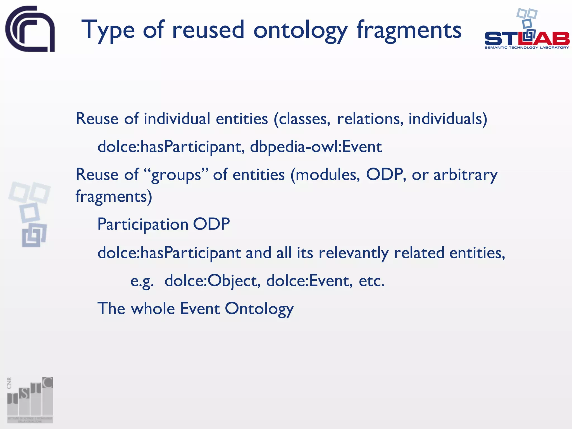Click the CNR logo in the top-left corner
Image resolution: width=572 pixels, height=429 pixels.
coord(30,29)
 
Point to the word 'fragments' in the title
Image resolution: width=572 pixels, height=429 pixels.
coord(409,30)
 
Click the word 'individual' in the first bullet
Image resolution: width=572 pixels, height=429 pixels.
coord(177,119)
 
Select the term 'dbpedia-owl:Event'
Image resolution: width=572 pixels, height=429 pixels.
coord(316,147)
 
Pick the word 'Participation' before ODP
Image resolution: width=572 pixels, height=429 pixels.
coord(143,224)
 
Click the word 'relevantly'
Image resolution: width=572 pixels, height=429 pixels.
coord(353,253)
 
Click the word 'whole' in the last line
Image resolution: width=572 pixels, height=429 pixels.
coord(153,309)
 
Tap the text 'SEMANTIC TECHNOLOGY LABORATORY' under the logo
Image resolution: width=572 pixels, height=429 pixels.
coord(527,47)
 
